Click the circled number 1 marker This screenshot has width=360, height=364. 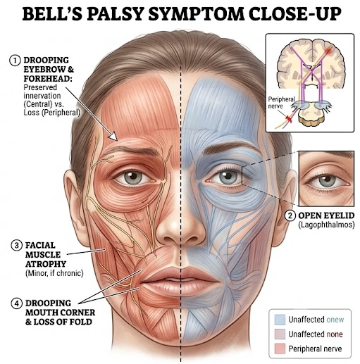coord(15,61)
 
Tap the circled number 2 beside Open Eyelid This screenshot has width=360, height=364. coord(290,215)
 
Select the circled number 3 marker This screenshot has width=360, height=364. coord(17,246)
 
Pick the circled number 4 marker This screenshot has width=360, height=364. coord(17,303)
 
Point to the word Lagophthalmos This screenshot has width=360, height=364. coord(326,225)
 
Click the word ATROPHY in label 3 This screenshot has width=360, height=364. coord(46,264)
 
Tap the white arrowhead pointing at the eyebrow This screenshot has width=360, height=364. coord(114,136)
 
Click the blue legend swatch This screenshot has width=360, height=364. coord(280,320)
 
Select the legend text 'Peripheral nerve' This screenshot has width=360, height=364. coord(315,349)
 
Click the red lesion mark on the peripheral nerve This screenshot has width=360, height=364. coord(288,119)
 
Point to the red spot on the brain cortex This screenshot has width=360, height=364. coord(329,50)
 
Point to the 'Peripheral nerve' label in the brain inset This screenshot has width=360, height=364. coord(280,103)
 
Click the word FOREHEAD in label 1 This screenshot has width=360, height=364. coord(48,79)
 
